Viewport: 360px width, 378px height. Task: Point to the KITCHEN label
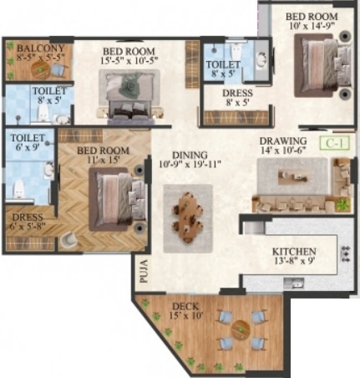(292, 251)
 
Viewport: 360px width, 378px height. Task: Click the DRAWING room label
(283, 140)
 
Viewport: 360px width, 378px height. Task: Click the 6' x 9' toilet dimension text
(24, 149)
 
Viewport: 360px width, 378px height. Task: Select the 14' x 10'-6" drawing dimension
(284, 151)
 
